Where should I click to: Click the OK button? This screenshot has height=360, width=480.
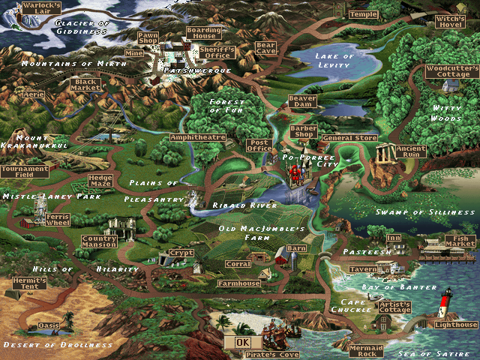(241, 342)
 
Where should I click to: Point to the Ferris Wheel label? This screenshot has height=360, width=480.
(57, 220)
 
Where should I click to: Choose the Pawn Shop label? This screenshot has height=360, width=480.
(148, 38)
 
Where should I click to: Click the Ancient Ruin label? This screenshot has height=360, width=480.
(411, 152)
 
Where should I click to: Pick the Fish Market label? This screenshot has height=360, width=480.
(460, 241)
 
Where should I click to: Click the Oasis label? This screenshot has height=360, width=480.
(48, 326)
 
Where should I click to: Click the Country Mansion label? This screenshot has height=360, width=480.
(99, 241)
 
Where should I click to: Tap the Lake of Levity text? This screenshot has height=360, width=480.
(334, 61)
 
